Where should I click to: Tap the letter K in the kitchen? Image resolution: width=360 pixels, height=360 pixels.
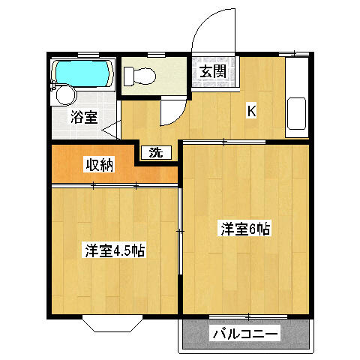point(252,111)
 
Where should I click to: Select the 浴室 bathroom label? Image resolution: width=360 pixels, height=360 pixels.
point(83,116)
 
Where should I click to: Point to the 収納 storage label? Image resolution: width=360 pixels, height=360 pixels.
point(98,165)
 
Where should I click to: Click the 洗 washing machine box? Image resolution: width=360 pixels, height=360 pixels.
point(155,152)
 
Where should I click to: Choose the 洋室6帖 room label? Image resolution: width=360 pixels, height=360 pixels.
point(244,229)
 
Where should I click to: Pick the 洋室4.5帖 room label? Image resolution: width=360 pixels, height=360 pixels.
point(114,250)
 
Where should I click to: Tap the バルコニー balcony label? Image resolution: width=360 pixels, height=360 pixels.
point(244,333)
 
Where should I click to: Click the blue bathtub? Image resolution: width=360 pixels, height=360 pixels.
point(82,73)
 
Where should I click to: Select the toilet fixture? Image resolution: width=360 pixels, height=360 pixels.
point(140,75)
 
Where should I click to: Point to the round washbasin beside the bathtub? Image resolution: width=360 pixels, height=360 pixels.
point(64,95)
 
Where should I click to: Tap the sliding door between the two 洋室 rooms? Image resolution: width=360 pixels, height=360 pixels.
point(181,232)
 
